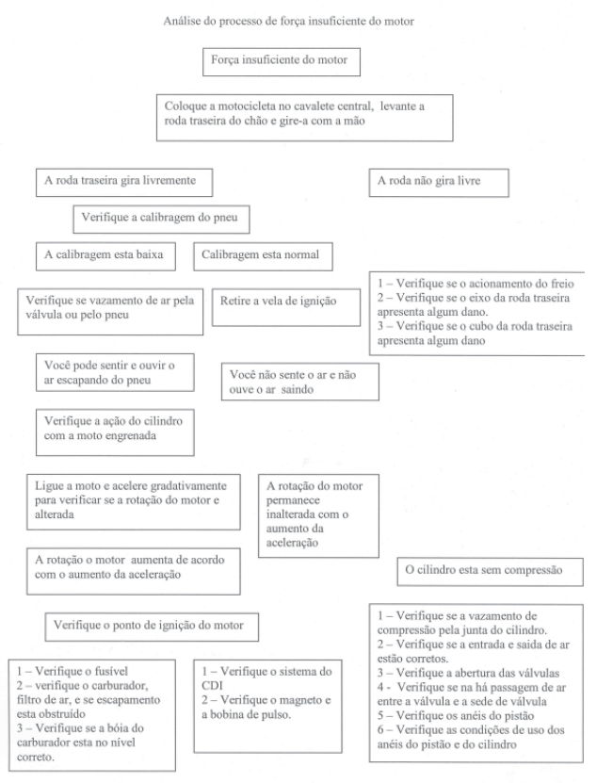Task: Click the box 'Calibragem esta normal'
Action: point(262,255)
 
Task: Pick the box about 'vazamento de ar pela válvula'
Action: point(111,309)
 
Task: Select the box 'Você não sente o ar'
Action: point(298,380)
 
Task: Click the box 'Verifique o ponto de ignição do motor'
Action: point(152,626)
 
